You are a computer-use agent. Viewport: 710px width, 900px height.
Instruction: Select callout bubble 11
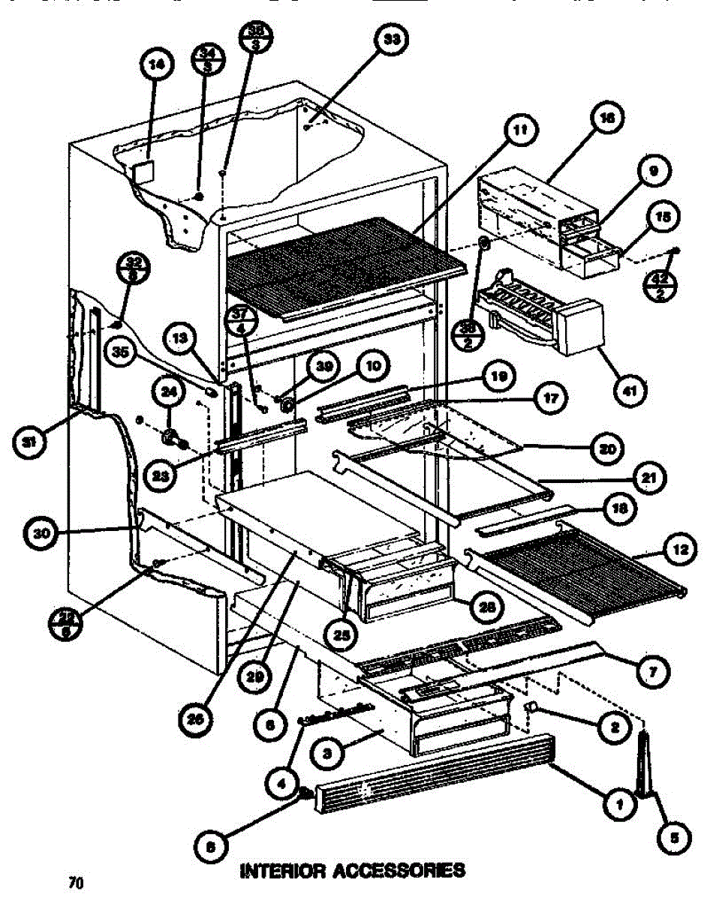click(x=520, y=130)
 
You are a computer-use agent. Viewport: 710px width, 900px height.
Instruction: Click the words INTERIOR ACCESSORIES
click(x=351, y=871)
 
